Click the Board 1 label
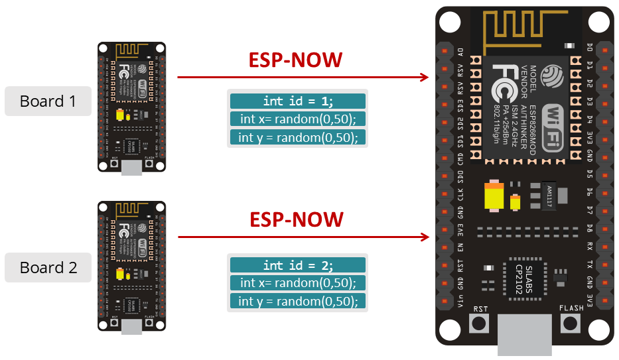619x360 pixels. (x=48, y=101)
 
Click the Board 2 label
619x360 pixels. (x=48, y=268)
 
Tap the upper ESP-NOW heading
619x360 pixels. (x=295, y=60)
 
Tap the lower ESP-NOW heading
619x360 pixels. (x=295, y=219)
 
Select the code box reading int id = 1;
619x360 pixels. (x=298, y=101)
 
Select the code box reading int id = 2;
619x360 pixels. (x=298, y=265)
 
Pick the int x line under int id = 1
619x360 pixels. (x=298, y=119)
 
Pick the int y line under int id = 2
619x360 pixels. (x=298, y=302)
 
